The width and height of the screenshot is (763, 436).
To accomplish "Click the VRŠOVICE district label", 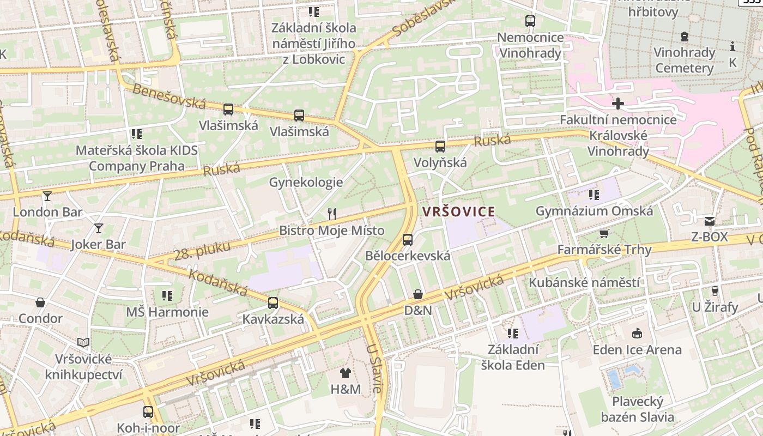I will (x=458, y=211).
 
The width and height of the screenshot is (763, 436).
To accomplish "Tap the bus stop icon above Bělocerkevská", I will (x=407, y=240).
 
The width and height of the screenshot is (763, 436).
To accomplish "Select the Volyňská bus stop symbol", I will (x=440, y=147).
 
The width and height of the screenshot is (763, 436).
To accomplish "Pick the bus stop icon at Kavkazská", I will (x=273, y=303).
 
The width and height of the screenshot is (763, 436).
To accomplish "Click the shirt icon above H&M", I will (x=346, y=373).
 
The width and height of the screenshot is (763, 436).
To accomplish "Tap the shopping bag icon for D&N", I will (x=418, y=294).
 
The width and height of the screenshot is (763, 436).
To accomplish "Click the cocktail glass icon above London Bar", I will (x=47, y=196).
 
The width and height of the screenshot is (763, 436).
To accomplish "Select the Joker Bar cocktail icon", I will (x=98, y=228).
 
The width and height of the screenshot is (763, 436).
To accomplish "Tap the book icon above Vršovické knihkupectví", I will (x=83, y=342).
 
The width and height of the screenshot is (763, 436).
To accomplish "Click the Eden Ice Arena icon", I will (x=637, y=333).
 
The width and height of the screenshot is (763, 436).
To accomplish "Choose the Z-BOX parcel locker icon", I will (x=709, y=221).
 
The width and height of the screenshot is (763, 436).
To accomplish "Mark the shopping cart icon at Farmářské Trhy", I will (x=604, y=234).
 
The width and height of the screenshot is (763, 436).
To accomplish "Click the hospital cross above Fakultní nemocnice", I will (x=618, y=104).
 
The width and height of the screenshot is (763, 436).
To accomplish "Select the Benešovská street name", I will (x=169, y=96).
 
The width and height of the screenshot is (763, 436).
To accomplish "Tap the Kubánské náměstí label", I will (x=584, y=283).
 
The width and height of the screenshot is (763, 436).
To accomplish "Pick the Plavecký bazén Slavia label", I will (x=638, y=410).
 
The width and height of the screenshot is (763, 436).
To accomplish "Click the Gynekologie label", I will (x=306, y=182).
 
